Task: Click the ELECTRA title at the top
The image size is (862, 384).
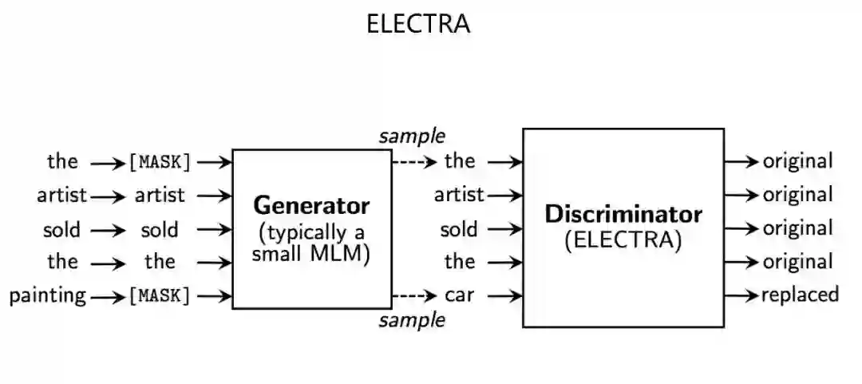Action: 418,24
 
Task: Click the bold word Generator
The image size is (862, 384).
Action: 311,206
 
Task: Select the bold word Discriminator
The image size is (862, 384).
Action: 623,214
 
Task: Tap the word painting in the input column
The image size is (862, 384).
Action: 48,296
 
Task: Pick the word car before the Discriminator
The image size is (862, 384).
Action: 459,295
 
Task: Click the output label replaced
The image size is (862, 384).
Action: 800,295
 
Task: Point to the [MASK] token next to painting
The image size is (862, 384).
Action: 160,296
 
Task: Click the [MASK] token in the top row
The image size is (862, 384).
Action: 160,162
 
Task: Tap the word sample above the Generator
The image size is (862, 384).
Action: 412,136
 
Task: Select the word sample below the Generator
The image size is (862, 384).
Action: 412,320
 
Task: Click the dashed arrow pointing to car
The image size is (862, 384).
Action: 414,296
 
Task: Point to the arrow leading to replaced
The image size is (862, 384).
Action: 741,295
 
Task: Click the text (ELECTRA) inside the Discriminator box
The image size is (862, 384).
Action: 623,240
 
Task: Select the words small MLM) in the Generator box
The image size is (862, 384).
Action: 311,255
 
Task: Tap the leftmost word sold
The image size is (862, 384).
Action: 61,230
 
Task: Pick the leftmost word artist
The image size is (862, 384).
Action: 61,195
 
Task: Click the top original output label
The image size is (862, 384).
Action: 797,161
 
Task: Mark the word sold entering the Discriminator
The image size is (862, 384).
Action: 459,230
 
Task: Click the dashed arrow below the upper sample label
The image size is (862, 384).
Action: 414,162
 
